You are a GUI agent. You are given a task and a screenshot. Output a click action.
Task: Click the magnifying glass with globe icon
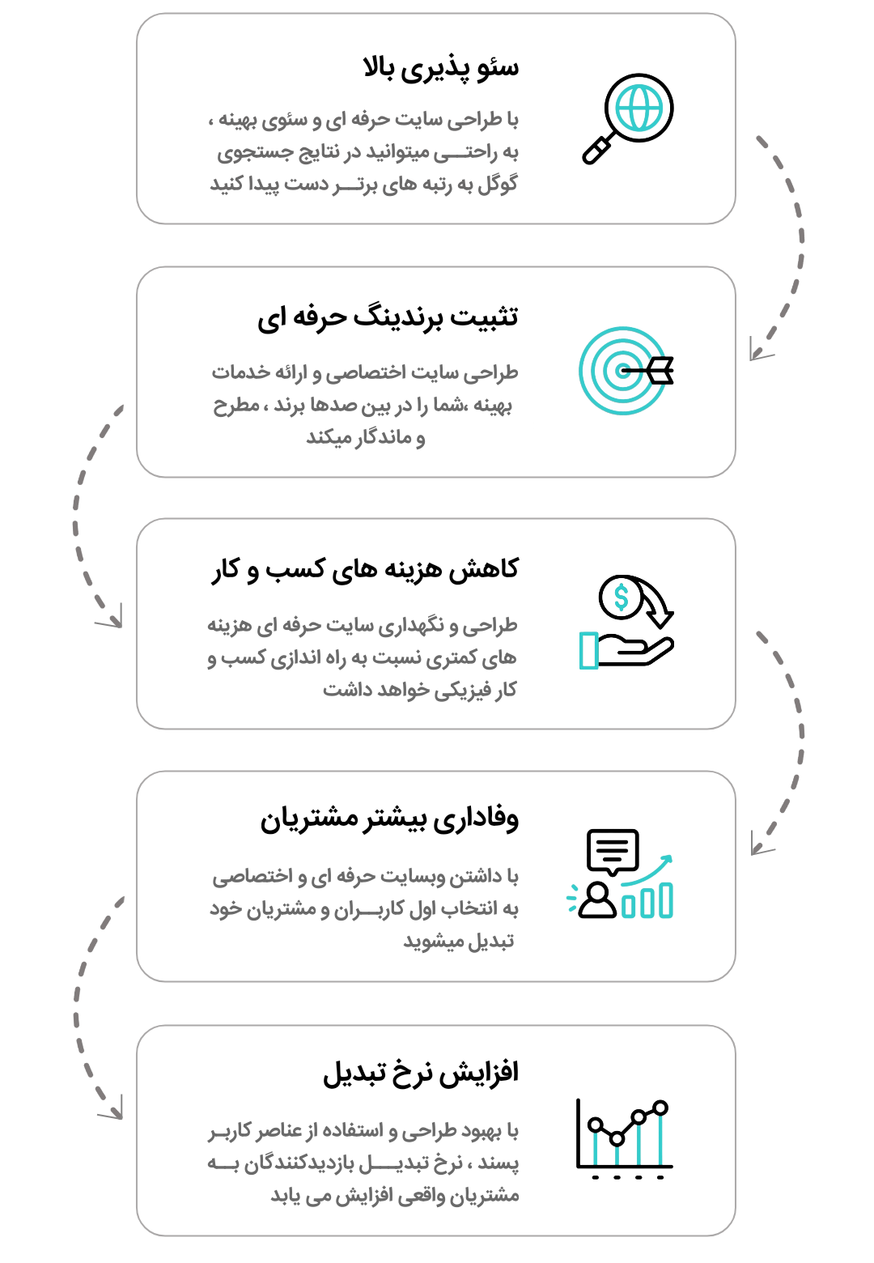[x=628, y=118]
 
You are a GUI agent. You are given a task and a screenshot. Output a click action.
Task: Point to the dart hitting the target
[x=652, y=371]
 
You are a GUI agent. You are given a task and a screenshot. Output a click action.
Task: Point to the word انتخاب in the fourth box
[x=470, y=910]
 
